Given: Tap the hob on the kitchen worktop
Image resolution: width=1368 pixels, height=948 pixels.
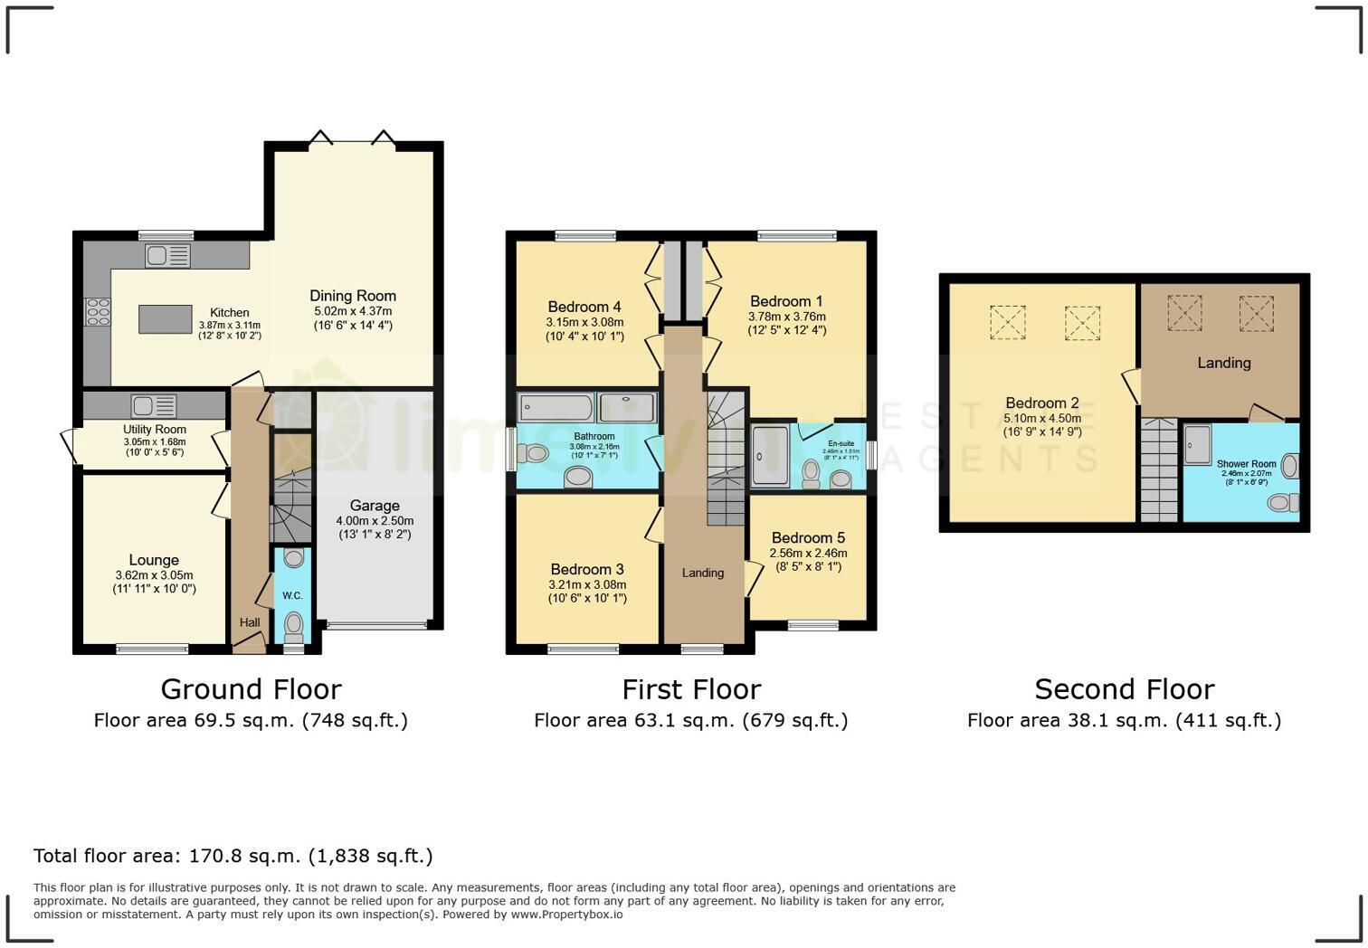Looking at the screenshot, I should pyautogui.click(x=97, y=311).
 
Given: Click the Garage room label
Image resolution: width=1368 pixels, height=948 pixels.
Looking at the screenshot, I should pyautogui.click(x=375, y=506).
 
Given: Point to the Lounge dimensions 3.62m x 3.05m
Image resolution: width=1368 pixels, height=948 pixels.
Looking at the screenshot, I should pyautogui.click(x=154, y=575).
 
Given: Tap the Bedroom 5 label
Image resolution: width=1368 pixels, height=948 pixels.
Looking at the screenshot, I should pyautogui.click(x=808, y=537).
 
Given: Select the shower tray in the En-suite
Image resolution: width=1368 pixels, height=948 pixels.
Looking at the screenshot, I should pyautogui.click(x=770, y=456).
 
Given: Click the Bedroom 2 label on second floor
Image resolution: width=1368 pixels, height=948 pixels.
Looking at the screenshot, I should pyautogui.click(x=1041, y=403).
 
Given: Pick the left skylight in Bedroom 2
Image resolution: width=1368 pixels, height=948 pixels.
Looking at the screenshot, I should pyautogui.click(x=1007, y=321).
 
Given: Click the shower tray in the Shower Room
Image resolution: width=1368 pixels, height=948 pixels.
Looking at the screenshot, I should pyautogui.click(x=1198, y=444).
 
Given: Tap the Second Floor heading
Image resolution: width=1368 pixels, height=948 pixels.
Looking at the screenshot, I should pyautogui.click(x=1124, y=689).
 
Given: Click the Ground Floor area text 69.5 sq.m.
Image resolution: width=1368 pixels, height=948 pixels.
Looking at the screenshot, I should pyautogui.click(x=251, y=720).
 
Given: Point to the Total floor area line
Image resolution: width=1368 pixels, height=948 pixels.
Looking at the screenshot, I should pyautogui.click(x=233, y=856).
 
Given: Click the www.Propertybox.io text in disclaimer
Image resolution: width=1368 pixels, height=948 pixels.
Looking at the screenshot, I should pyautogui.click(x=566, y=915).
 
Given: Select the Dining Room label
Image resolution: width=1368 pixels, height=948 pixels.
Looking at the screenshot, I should pyautogui.click(x=353, y=296).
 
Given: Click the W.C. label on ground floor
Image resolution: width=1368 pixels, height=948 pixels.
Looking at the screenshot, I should pyautogui.click(x=292, y=595).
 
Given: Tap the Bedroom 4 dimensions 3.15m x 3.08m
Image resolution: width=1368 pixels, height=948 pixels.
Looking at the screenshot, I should pyautogui.click(x=584, y=322).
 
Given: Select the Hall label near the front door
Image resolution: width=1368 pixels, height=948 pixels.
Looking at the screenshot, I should pyautogui.click(x=250, y=622).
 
